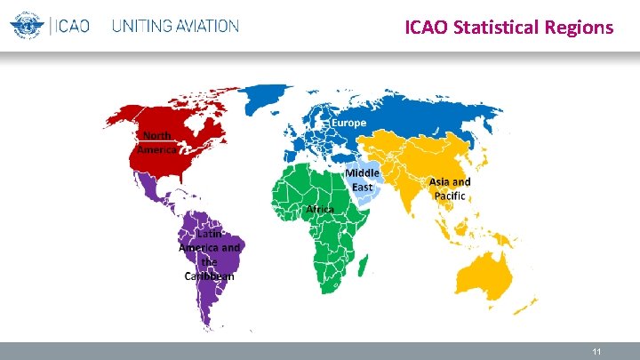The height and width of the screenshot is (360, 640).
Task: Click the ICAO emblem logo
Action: pos(27,25)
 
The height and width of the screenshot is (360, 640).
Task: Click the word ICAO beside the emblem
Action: pos(73,26)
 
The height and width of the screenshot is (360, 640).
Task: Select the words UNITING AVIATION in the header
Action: pos(175,26)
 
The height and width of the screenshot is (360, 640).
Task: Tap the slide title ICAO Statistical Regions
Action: pos(508,28)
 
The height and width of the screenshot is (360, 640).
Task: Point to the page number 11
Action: pos(597,352)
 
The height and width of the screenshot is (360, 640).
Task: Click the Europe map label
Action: pos(349,123)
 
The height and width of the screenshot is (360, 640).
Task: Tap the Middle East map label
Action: pos(363,180)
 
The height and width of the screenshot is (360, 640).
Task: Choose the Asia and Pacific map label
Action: pos(450,188)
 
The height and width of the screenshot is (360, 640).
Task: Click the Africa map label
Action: pos(320,209)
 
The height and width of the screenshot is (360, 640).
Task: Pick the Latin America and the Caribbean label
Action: pos(209,255)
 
